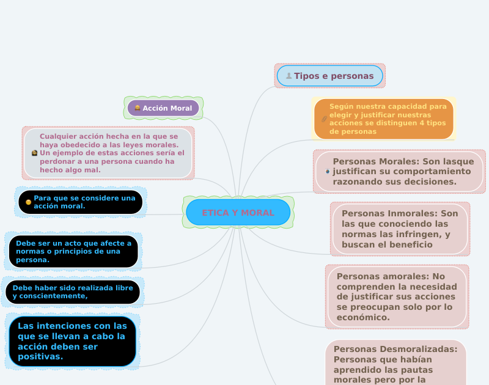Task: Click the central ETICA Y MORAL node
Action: click(238, 212)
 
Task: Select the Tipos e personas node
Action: click(330, 76)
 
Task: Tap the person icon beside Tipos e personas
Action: click(289, 76)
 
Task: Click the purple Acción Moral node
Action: click(163, 108)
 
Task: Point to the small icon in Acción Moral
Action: click(138, 108)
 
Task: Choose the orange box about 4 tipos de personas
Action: click(384, 119)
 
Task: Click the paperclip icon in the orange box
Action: click(324, 119)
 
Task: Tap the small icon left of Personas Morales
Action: click(328, 172)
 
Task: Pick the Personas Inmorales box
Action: click(400, 229)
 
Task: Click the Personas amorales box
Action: click(397, 296)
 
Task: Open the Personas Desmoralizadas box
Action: click(395, 362)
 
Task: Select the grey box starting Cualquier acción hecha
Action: click(108, 153)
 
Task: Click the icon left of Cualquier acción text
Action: click(35, 153)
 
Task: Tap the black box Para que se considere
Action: click(81, 202)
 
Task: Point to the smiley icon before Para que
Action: click(28, 202)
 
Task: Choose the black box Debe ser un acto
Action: click(73, 251)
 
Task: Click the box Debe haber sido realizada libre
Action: click(73, 292)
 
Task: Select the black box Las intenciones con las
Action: click(72, 341)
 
